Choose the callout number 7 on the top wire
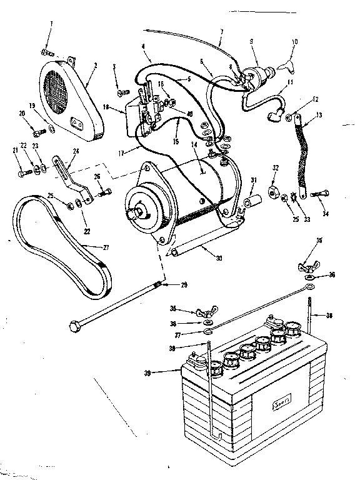(x=221, y=31)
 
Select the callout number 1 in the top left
(x=51, y=23)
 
